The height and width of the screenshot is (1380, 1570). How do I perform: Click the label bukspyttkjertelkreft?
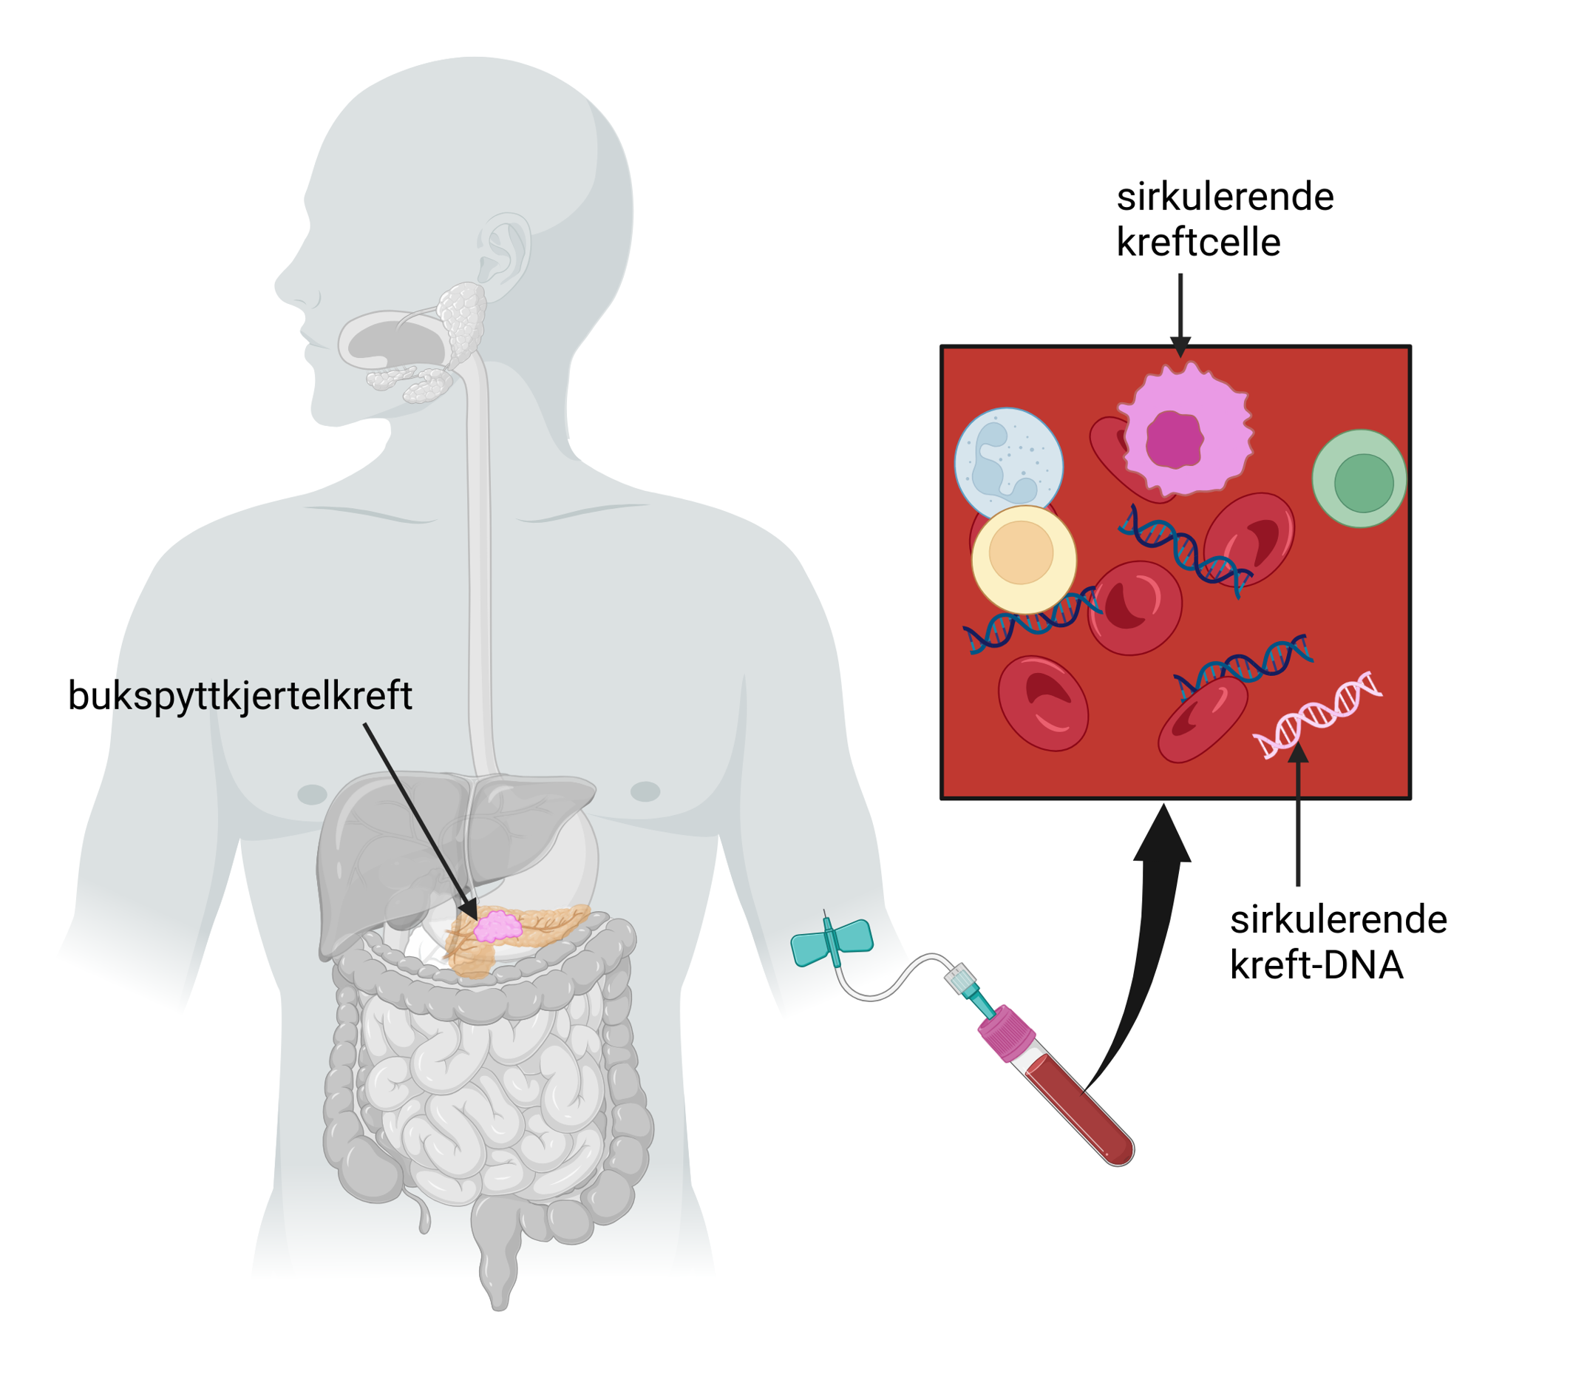click(239, 695)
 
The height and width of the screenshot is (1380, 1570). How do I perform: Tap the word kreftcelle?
click(1197, 243)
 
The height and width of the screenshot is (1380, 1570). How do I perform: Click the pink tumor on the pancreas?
click(497, 927)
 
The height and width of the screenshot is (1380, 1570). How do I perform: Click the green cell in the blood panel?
click(1358, 478)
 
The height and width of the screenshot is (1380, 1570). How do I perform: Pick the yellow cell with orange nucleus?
click(1023, 558)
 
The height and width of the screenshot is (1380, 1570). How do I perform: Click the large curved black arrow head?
click(1163, 837)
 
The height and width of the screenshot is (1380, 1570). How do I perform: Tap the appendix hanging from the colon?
click(424, 1214)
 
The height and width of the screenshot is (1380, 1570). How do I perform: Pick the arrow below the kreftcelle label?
click(1180, 315)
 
